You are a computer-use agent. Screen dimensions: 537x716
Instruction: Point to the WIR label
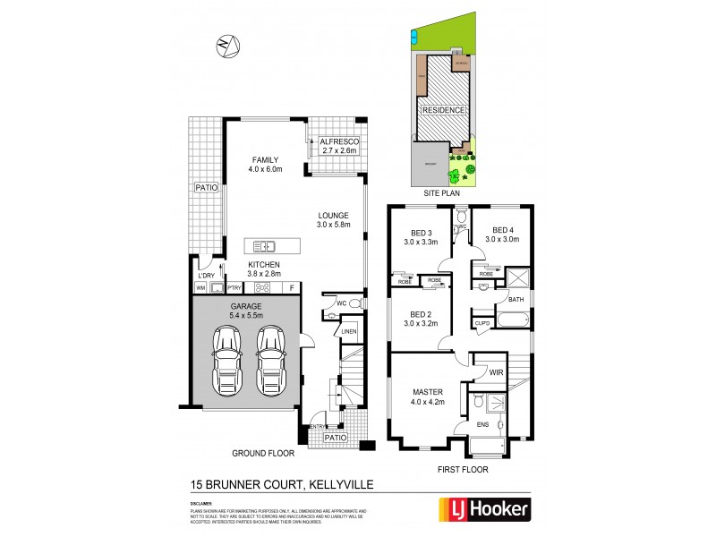click(497, 370)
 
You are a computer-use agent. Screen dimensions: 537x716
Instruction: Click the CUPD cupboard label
click(482, 322)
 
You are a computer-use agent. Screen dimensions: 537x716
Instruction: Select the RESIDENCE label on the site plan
click(444, 110)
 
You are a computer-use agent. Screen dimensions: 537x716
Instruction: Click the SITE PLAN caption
click(444, 192)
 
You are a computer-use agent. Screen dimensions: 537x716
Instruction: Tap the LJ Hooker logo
click(484, 510)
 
